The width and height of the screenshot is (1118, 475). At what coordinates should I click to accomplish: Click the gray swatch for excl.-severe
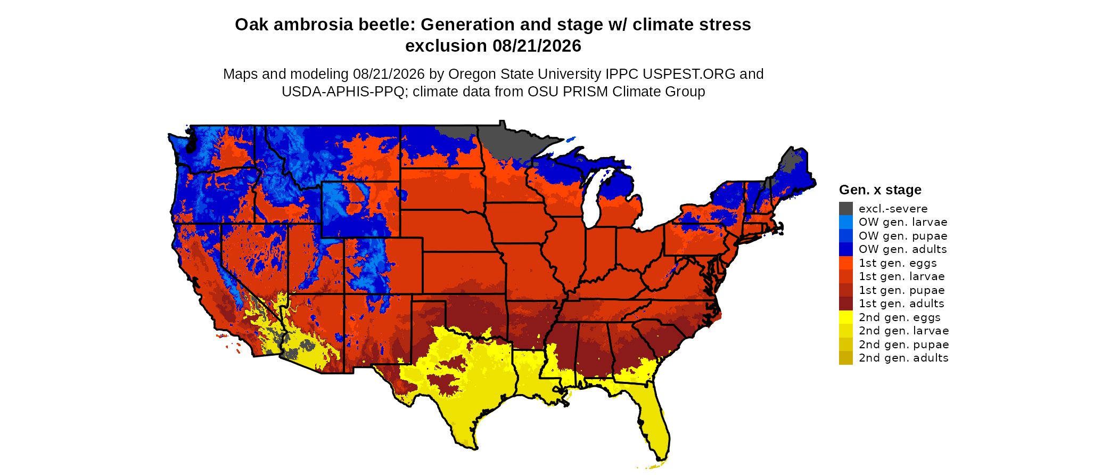point(846,209)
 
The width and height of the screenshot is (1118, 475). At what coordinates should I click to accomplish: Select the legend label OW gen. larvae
point(903,222)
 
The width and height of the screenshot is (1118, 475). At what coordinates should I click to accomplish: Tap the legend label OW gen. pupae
point(903,236)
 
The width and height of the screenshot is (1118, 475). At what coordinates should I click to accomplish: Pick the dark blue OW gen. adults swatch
point(846,249)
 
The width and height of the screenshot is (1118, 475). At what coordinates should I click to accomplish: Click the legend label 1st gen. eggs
point(898,263)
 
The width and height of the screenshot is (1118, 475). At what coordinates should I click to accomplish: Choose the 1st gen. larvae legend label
point(902,276)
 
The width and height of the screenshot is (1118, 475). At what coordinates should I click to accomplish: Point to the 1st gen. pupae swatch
point(846,290)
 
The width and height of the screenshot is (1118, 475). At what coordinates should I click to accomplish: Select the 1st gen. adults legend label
point(901,304)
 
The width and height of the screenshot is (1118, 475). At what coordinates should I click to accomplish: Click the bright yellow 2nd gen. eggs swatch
point(846,317)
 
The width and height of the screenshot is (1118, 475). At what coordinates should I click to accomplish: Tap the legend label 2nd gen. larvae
point(904,331)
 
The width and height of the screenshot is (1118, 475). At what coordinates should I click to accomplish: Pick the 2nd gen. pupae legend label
point(904,345)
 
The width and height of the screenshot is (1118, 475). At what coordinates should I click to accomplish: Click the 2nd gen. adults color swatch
point(846,358)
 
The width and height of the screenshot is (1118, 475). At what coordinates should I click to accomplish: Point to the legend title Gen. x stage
point(880,190)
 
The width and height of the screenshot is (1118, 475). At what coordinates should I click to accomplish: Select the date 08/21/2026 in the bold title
point(537,46)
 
